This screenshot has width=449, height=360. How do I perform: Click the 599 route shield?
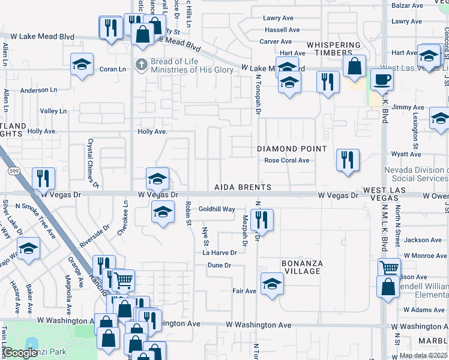click(13, 171)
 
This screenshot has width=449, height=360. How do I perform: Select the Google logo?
click(20, 353)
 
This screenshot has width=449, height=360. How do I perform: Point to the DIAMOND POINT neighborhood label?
click(292, 148)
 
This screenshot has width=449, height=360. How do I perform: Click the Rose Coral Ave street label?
click(287, 160)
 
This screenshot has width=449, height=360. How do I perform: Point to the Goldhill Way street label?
click(217, 209)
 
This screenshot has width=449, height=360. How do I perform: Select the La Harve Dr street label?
click(219, 253)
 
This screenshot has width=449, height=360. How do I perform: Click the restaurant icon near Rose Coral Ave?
click(348, 160)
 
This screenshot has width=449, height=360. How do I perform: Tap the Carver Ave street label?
click(276, 41)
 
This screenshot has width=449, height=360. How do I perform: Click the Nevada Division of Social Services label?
click(416, 174)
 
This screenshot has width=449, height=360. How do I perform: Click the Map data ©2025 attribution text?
click(423, 355)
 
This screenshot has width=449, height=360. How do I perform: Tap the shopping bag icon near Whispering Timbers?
click(355, 67)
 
